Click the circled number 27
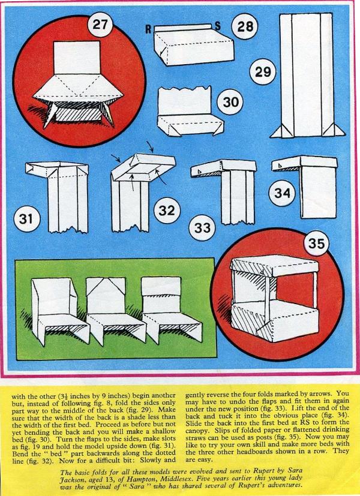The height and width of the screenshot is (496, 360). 100,25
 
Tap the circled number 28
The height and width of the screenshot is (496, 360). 245,26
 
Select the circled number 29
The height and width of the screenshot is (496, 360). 263,71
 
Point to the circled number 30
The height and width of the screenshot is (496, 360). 231,102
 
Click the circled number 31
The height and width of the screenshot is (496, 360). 27,218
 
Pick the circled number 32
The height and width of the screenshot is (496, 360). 167,210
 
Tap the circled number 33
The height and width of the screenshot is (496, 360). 202,227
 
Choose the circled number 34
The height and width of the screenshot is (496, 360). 282,193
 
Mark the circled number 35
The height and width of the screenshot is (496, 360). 317,243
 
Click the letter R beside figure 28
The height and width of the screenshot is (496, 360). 148,29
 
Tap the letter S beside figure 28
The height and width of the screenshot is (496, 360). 218,26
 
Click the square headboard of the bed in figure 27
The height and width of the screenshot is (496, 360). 77,58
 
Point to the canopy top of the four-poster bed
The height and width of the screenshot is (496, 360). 274,265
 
